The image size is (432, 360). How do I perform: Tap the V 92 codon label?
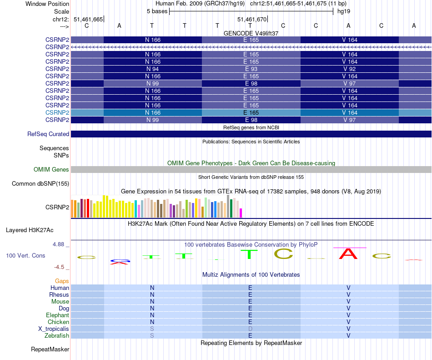(349, 69)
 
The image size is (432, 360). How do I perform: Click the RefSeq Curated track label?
(48, 134)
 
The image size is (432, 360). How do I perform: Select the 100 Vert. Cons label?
(25, 256)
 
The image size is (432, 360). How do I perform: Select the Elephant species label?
(57, 315)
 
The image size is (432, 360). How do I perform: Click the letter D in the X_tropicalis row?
(250, 329)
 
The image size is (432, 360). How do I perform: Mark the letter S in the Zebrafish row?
(152, 336)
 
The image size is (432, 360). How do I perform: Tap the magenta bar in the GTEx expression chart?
(241, 213)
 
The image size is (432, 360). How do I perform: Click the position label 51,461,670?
(252, 20)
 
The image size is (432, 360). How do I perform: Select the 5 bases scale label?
(157, 11)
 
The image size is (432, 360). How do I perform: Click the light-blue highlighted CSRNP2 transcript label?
(57, 112)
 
